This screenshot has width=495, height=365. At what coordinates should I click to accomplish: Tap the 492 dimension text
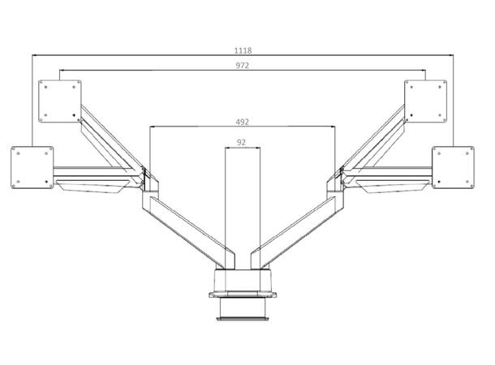243,121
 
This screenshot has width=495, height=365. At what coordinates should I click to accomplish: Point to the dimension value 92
242,142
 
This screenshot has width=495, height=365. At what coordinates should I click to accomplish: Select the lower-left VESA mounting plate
32,165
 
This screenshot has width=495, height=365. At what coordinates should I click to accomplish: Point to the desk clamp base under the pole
242,284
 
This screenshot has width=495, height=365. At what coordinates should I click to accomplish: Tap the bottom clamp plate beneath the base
242,319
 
